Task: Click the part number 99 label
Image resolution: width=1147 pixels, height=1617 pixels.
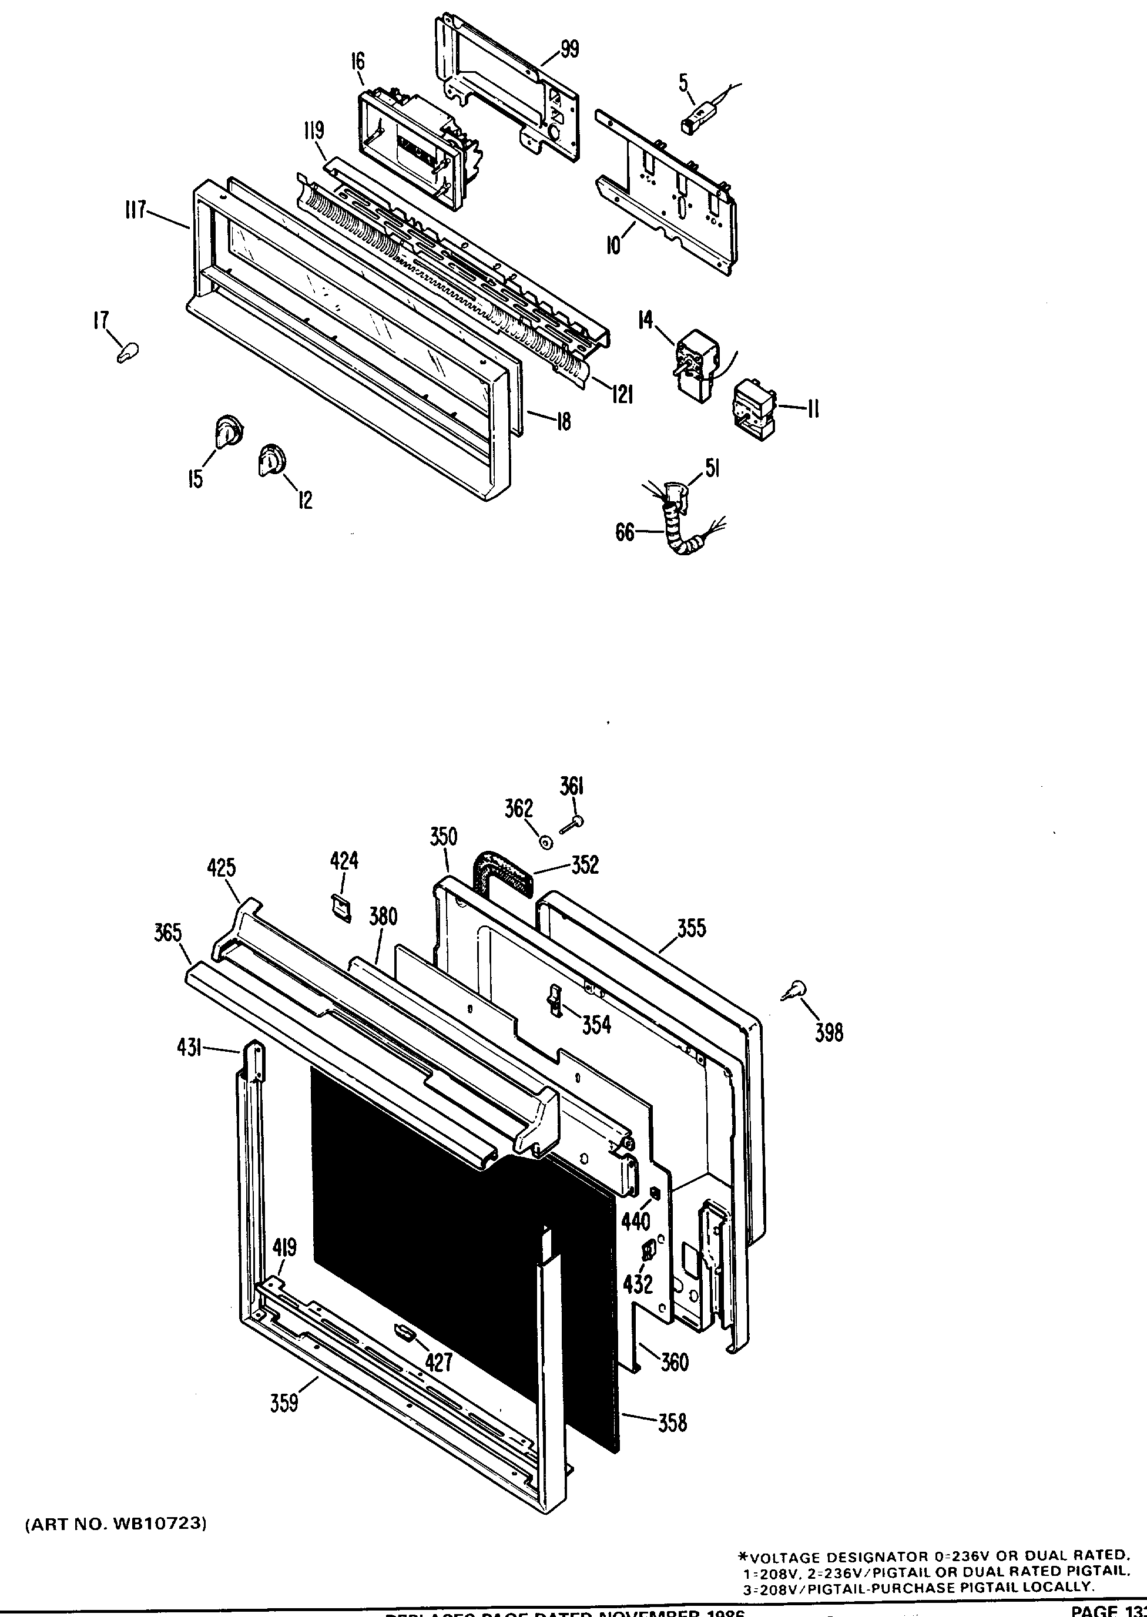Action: [569, 49]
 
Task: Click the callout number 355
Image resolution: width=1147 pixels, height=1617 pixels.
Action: [691, 928]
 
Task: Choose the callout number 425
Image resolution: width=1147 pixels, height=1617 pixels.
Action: [221, 868]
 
